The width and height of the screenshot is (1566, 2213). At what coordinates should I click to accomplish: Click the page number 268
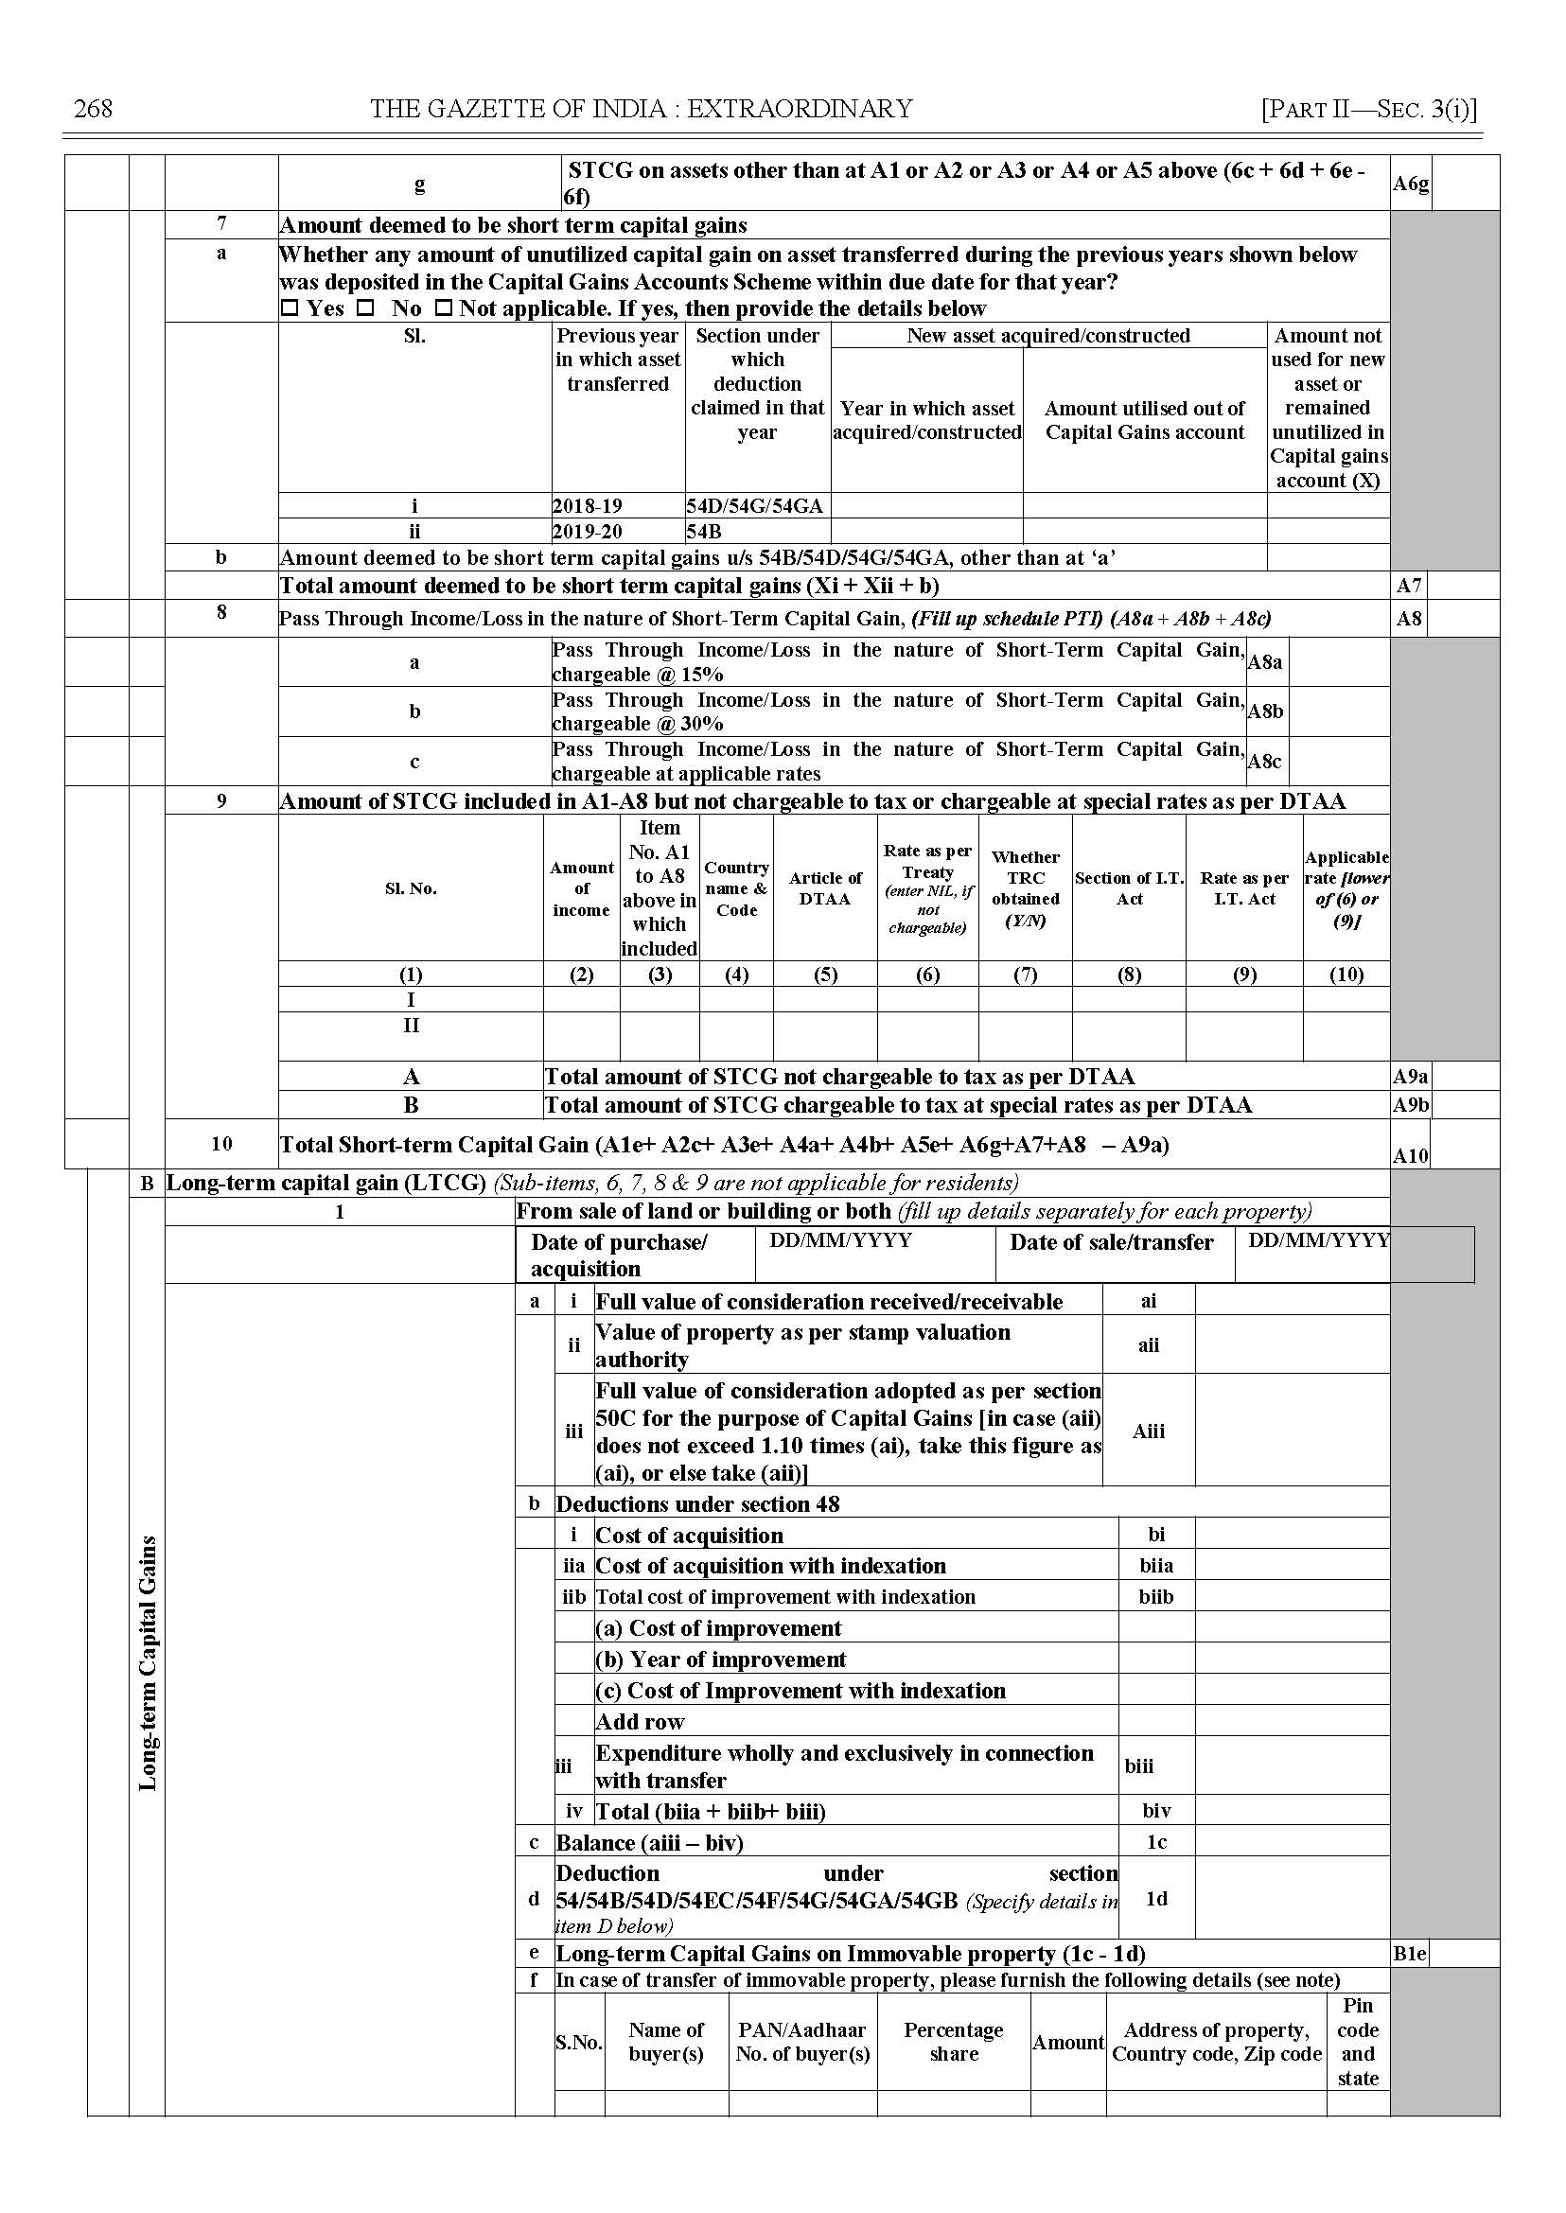point(93,109)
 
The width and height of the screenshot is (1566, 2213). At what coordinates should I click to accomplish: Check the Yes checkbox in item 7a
point(290,308)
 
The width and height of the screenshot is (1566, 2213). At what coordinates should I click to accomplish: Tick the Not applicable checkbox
point(444,308)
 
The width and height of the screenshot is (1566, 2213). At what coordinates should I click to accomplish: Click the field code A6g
point(1410,184)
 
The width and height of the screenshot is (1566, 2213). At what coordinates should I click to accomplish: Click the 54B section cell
point(704,532)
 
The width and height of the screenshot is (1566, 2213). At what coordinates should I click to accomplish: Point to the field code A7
point(1409,586)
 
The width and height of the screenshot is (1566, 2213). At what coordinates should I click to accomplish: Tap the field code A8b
point(1265,711)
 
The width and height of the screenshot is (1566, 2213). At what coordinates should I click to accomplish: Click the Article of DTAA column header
point(824,888)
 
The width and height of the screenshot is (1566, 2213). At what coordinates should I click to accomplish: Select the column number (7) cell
point(1025,974)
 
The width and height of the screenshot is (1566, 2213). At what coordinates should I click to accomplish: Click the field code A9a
point(1410,1076)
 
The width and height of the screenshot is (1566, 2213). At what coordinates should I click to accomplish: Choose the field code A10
point(1410,1155)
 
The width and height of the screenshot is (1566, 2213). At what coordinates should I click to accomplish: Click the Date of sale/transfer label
point(1111,1242)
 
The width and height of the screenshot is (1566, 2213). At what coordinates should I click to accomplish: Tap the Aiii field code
point(1148,1431)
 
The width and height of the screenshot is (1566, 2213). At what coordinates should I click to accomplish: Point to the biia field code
point(1155,1565)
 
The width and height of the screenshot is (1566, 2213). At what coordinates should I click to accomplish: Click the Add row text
point(641,1721)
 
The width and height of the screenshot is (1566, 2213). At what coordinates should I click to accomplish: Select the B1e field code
point(1409,1954)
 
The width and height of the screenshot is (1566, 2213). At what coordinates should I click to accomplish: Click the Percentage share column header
point(953,2042)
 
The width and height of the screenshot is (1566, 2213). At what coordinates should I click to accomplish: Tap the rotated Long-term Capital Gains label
point(148,1662)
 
